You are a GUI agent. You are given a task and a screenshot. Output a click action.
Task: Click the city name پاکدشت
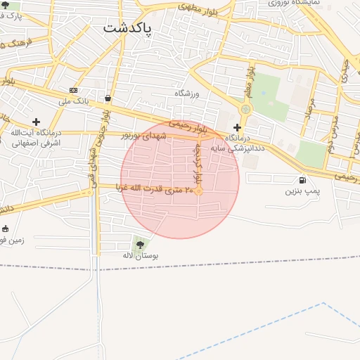click(131, 27)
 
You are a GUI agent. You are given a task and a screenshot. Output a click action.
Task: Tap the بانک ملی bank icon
click(73, 90)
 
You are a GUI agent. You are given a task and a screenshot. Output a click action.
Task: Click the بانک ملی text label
click(74, 101)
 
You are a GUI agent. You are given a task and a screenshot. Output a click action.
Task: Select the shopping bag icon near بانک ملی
click(107, 98)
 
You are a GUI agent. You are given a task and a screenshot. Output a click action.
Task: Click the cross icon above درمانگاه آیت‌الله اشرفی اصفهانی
click(36, 122)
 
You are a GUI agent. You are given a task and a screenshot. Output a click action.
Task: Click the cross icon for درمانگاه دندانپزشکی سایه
click(237, 127)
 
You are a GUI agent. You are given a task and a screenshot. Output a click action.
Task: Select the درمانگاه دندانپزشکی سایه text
click(244, 144)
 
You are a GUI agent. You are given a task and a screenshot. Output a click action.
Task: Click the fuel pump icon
click(302, 180)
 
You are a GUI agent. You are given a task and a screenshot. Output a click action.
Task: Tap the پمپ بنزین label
click(302, 191)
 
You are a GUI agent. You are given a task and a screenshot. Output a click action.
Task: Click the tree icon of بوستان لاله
click(140, 245)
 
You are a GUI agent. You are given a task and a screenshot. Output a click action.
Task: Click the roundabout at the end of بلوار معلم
click(245, 109)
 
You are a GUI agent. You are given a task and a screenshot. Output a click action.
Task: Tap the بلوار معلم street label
click(249, 78)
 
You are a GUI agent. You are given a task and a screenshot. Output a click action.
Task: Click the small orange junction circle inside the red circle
click(199, 191)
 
